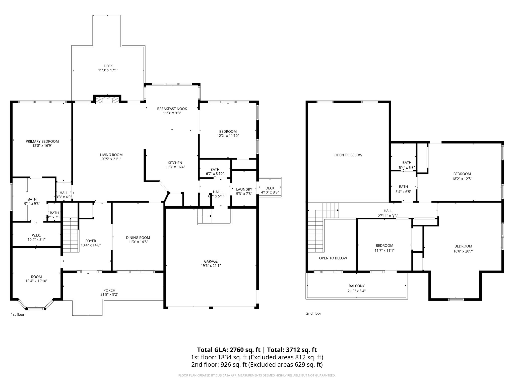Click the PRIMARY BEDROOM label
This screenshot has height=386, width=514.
point(42,141)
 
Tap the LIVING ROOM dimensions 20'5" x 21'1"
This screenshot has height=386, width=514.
point(111,159)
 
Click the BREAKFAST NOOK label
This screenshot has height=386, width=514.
point(172,109)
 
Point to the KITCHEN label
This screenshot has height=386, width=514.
point(175,163)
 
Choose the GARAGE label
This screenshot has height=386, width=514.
point(211,261)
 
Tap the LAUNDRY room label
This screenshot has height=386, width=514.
point(244,189)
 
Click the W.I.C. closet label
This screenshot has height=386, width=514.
point(36,235)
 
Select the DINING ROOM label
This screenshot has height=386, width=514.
point(138,237)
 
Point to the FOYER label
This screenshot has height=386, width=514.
point(91,241)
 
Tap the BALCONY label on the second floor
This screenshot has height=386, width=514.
point(356,286)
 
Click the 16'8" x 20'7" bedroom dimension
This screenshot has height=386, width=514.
point(463,251)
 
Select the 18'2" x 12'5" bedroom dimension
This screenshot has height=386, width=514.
point(462,179)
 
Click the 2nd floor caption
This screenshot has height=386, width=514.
point(313,313)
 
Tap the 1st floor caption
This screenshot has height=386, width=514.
point(18,314)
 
